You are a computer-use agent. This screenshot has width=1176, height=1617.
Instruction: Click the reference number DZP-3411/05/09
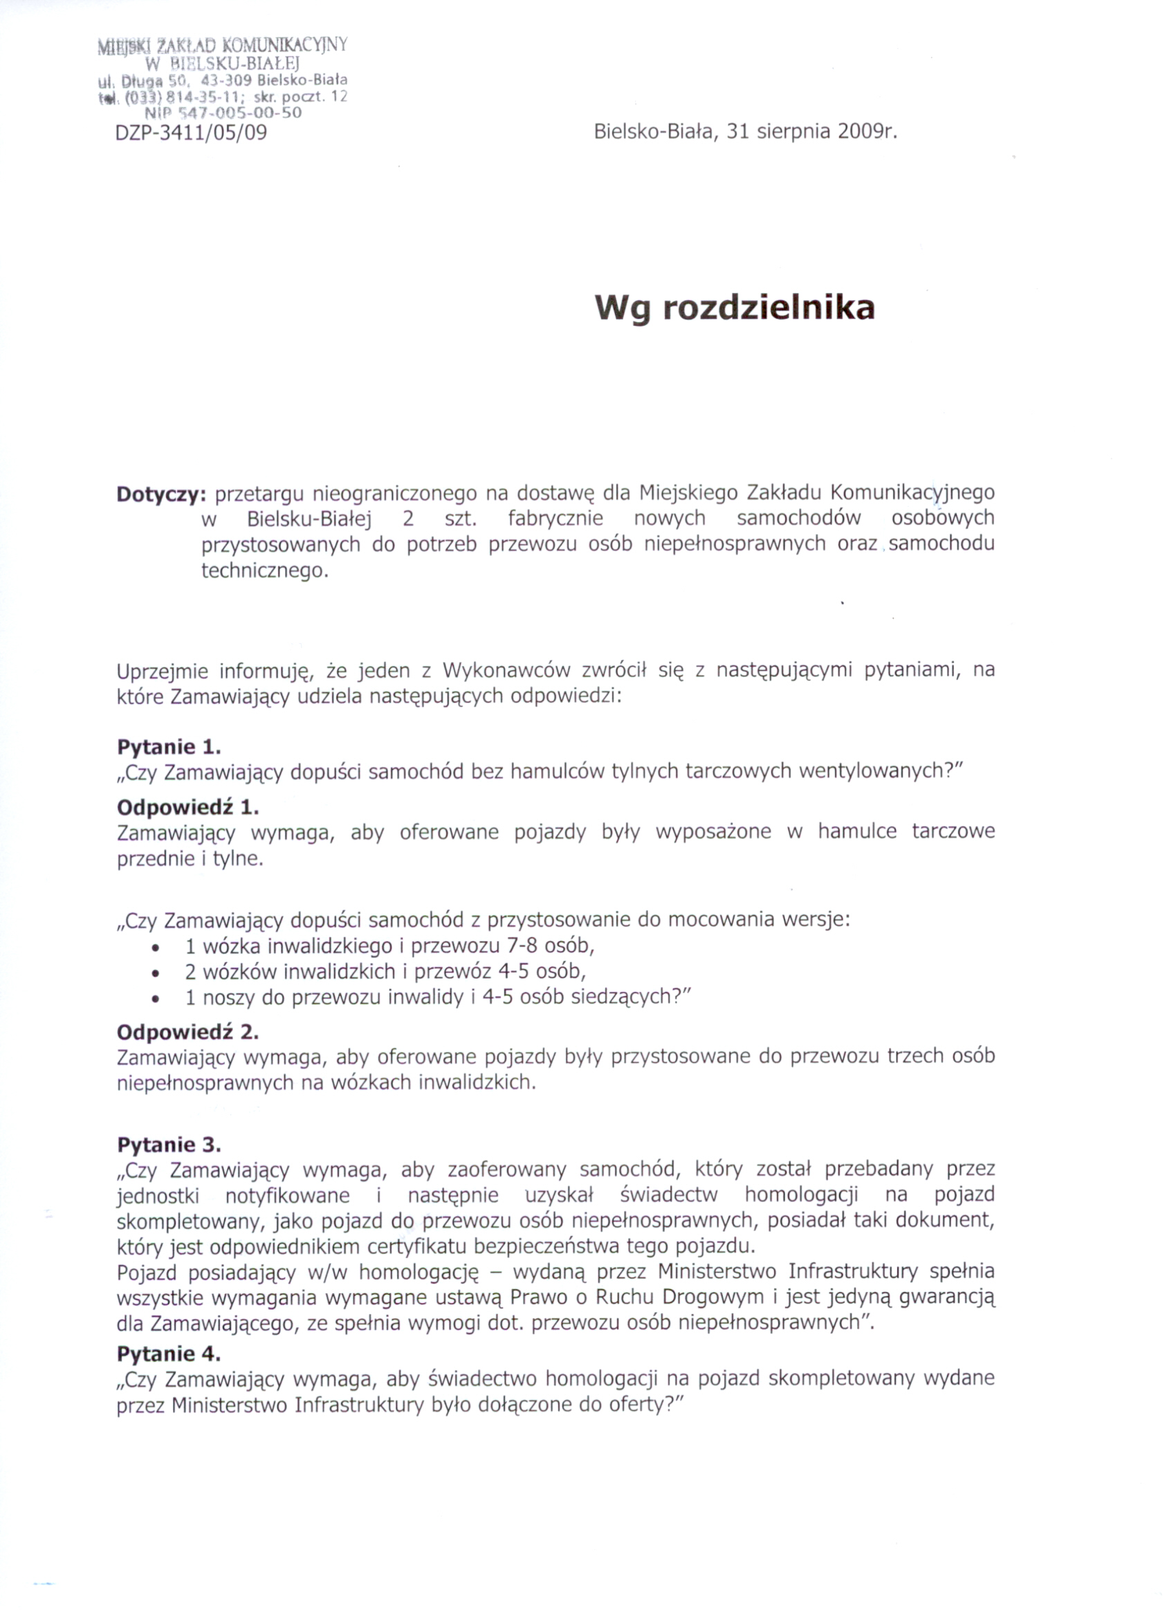pos(190,133)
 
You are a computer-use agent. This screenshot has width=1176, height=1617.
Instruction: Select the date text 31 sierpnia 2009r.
pos(810,133)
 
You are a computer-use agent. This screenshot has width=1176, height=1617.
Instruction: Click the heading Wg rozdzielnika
pos(735,308)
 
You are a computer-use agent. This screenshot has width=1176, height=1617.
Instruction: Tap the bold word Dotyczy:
pos(161,494)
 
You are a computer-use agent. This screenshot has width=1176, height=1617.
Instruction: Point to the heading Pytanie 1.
pos(169,746)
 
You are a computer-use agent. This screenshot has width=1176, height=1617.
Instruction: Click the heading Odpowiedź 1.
pos(187,807)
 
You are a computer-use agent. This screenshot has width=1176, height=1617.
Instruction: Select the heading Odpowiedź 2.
pos(187,1032)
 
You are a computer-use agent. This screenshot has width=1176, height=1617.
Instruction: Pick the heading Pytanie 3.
pos(169,1145)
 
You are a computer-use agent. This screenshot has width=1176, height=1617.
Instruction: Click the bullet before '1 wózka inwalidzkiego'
pos(156,948)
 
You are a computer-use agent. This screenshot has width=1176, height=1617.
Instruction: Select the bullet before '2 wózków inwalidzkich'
pos(156,973)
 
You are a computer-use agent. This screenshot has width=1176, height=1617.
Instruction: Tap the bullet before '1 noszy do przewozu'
pos(156,999)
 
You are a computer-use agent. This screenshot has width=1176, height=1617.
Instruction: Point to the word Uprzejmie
pos(162,672)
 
